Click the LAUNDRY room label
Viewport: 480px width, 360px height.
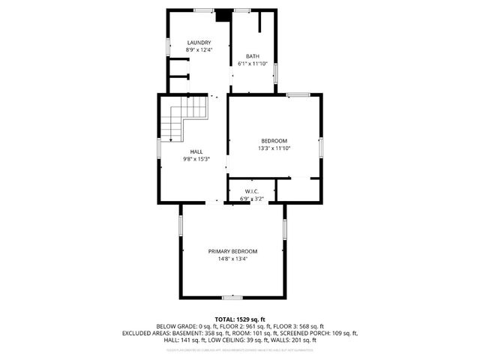pos(199,43)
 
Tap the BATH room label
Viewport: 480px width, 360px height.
pos(253,56)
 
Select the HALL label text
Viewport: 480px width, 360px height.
pos(196,151)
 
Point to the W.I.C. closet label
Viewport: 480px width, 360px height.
pos(251,192)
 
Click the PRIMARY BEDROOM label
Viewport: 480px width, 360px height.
pos(233,251)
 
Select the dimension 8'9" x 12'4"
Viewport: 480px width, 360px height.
pos(199,50)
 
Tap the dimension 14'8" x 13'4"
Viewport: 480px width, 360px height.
pos(233,259)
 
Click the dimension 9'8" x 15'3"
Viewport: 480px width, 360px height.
pos(196,159)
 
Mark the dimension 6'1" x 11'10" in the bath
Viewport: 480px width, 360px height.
pos(253,64)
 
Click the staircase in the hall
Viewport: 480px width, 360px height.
pos(188,118)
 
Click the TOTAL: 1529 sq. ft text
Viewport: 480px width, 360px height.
pos(240,319)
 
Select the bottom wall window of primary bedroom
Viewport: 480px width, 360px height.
pos(232,298)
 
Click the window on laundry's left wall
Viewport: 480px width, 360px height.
pos(166,45)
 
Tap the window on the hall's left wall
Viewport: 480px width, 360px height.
pos(157,146)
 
